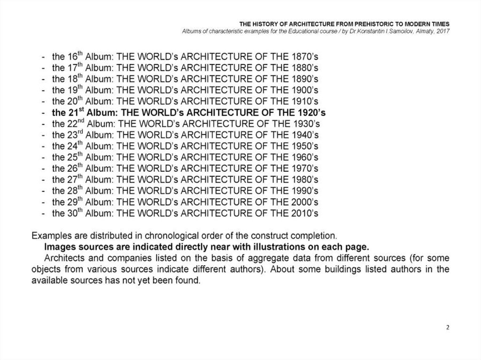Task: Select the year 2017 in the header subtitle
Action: (443, 31)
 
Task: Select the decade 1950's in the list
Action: (303, 146)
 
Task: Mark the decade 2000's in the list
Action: (303, 202)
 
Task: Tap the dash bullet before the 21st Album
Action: (43, 113)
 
